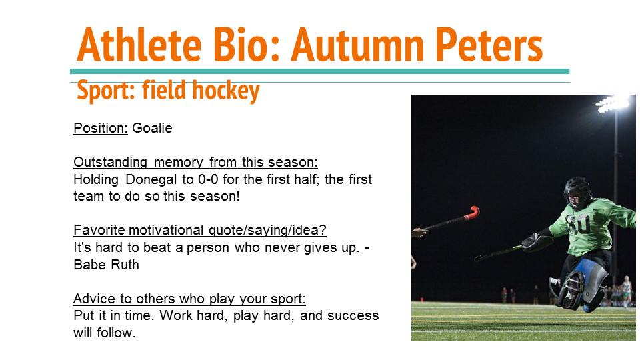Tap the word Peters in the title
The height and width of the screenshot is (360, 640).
pos(489,45)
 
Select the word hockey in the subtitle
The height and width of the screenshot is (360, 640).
pos(226,91)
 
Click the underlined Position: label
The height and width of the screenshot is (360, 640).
pos(101,128)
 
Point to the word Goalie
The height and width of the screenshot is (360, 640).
pos(152,128)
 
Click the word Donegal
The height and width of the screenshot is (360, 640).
pos(151,179)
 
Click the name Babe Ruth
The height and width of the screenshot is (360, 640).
pos(106,265)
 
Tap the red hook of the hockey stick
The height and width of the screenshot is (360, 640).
pos(473,213)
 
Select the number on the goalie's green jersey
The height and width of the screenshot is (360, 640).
pos(579,223)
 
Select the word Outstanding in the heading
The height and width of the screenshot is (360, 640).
pos(110,163)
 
